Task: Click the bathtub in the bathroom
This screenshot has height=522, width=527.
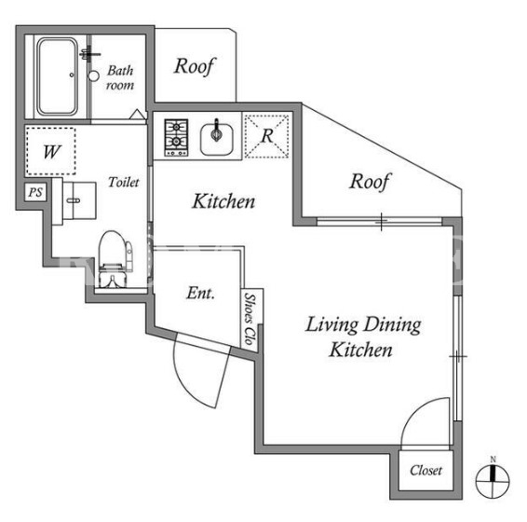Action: [57, 76]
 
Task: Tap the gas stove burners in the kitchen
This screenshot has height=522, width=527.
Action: [176, 138]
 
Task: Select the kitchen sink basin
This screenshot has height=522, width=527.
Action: [216, 139]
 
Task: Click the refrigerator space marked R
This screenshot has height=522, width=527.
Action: [267, 136]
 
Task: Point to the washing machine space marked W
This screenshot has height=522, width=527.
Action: [51, 151]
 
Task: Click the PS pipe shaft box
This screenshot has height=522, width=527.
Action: [35, 193]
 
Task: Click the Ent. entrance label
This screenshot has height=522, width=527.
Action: [200, 293]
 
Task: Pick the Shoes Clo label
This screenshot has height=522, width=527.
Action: [250, 319]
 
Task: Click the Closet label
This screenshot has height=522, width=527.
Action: [426, 470]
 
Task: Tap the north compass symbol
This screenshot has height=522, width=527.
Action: [493, 478]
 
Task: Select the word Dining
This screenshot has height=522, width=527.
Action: [392, 325]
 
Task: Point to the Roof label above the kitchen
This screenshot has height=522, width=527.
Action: [195, 66]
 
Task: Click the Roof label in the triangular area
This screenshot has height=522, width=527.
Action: [370, 182]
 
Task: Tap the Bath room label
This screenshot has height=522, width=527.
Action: [120, 77]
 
